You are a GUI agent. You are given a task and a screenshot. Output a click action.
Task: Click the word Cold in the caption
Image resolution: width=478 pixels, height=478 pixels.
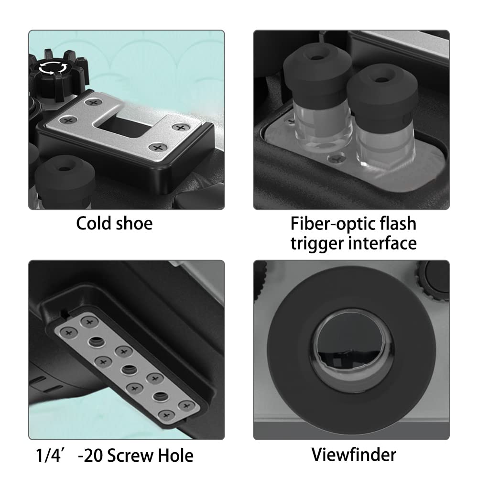coord(94,223)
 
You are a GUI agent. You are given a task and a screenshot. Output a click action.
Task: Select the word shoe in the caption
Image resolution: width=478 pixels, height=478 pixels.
coord(134,223)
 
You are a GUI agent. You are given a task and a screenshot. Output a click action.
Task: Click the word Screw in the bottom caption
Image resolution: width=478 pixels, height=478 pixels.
coord(130,456)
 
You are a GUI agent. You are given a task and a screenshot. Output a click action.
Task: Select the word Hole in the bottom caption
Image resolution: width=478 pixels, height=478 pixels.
coord(175,456)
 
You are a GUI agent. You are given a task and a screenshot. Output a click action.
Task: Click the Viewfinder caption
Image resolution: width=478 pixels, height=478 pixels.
coord(354,455)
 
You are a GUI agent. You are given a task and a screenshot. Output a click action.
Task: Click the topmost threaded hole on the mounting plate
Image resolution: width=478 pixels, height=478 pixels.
coord(97,342)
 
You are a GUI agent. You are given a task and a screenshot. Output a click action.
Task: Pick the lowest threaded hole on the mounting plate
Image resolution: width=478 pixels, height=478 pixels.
coord(161,397)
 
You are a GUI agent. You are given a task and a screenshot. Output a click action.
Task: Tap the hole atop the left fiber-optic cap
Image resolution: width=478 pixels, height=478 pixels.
coord(317,57)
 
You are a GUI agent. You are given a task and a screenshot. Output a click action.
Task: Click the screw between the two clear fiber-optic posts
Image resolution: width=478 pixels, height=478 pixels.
coord(337,159)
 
